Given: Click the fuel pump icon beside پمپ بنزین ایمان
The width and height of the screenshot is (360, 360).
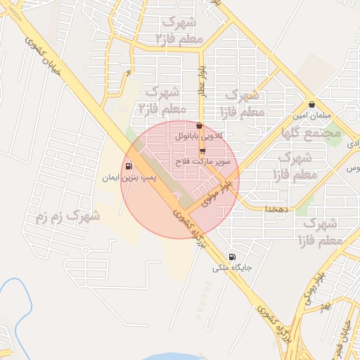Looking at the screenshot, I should [129, 167].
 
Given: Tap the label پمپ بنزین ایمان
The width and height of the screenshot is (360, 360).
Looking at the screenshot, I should [129, 179].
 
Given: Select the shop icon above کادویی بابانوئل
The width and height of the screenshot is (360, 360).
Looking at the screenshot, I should [200, 126].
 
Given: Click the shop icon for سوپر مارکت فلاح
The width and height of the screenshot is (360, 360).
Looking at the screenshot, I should [202, 151].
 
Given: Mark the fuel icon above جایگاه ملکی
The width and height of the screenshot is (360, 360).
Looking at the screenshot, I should [233, 257].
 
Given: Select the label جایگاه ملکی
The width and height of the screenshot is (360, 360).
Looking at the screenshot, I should [233, 268].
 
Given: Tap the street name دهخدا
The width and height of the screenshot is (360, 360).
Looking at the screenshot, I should [274, 210].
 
